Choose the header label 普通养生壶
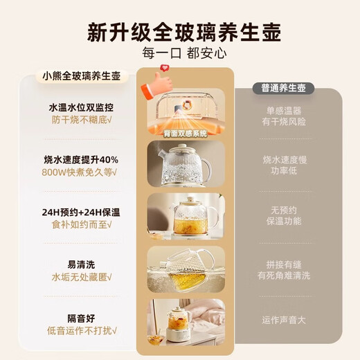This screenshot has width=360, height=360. [x=287, y=88]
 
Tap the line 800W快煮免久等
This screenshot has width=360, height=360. [x=80, y=172]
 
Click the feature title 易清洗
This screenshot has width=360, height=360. [x=80, y=264]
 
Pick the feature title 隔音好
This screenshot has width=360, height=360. [x=80, y=318]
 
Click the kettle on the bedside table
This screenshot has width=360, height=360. [x=178, y=322]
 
